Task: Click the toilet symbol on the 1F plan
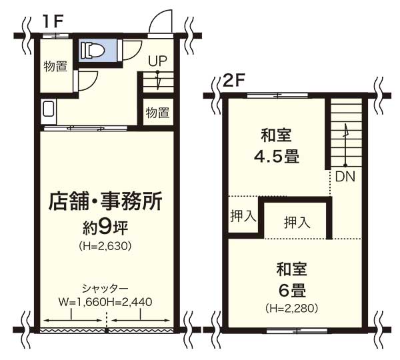pyautogui.click(x=92, y=50)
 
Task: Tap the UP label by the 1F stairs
pyautogui.click(x=157, y=61)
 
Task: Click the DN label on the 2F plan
pyautogui.click(x=345, y=176)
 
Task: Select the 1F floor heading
pyautogui.click(x=53, y=22)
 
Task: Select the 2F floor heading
pyautogui.click(x=234, y=81)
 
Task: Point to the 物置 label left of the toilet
pyautogui.click(x=55, y=67)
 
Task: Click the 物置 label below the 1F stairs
pyautogui.click(x=157, y=112)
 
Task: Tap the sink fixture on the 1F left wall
pyautogui.click(x=49, y=111)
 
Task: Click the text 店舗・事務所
pyautogui.click(x=105, y=201)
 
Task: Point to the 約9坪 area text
pyautogui.click(x=105, y=228)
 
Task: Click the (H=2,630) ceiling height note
pyautogui.click(x=105, y=246)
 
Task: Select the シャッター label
pyautogui.click(x=105, y=289)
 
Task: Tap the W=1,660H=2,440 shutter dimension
pyautogui.click(x=105, y=302)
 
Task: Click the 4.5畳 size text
pyautogui.click(x=277, y=157)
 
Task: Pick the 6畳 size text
pyautogui.click(x=292, y=291)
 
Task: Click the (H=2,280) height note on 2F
pyautogui.click(x=292, y=309)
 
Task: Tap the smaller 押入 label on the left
pyautogui.click(x=243, y=217)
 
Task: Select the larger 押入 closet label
pyautogui.click(x=297, y=222)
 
